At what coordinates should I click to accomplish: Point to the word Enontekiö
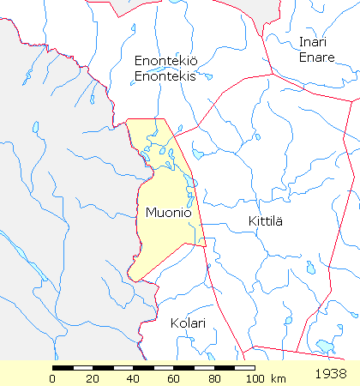pos(165,60)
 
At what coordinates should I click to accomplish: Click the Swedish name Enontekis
pos(165,75)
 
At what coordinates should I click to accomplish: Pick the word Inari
pos(313,42)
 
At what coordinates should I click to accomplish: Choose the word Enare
pos(312,57)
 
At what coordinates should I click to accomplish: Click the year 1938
pos(331,375)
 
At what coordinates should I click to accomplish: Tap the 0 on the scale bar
pos(53,378)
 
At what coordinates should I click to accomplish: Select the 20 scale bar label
pos(93,378)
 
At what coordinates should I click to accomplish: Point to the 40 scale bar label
pos(133,378)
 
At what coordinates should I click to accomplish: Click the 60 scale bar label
pos(172,378)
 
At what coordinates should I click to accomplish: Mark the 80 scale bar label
pos(213,378)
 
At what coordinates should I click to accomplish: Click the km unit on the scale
pos(278,378)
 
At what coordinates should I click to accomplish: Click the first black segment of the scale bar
pos(63,368)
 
